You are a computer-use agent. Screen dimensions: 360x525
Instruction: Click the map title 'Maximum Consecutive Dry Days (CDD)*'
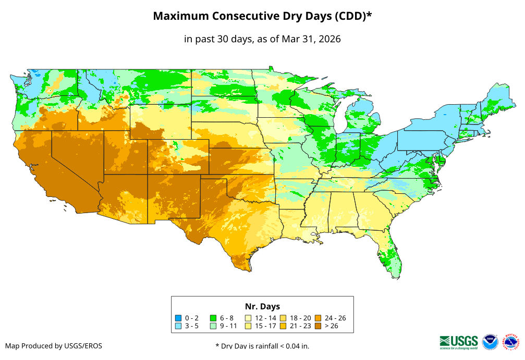pos(262,16)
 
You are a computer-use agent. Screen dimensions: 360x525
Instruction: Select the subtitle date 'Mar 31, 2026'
pos(311,39)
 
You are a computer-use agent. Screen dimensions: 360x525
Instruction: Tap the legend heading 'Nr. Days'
pos(262,306)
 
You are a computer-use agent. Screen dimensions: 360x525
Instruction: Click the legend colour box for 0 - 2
pos(178,318)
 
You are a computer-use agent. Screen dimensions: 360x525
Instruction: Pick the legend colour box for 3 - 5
pos(178,326)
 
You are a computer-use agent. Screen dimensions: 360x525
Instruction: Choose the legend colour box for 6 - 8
pos(213,318)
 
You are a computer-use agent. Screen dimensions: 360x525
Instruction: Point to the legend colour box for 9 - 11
pos(213,326)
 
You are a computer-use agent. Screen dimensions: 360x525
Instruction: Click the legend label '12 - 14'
pos(265,318)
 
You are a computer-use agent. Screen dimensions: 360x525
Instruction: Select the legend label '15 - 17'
pos(265,326)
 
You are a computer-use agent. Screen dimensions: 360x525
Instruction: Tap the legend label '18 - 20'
pos(300,318)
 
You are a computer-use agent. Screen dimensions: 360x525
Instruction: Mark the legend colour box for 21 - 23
pos(283,326)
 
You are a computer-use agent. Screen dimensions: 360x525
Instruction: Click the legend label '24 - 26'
pos(335,318)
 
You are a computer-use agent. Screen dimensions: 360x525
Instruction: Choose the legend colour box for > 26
pos(318,326)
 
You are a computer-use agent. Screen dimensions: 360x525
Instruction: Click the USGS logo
pos(459,342)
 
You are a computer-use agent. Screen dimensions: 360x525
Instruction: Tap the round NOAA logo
pos(490,342)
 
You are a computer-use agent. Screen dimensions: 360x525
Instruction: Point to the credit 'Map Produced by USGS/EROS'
pos(54,346)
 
